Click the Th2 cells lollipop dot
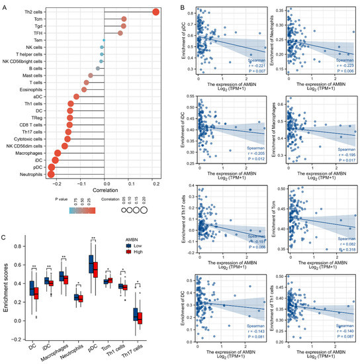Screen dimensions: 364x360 tap(156, 11)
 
